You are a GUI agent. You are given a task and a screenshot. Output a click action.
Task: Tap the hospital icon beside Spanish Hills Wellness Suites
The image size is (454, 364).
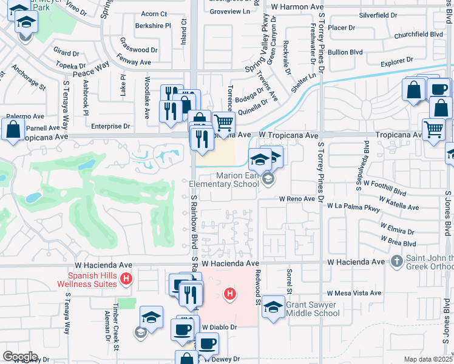[x=126, y=279]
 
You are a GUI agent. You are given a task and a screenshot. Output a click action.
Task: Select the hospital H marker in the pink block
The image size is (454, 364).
[x=229, y=295]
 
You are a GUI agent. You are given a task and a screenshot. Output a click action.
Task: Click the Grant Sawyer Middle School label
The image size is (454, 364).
[x=313, y=309]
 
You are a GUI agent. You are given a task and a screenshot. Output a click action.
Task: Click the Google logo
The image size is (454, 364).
[x=20, y=357]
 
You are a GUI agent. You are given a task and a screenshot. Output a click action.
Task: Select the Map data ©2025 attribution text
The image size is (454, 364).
[x=428, y=359]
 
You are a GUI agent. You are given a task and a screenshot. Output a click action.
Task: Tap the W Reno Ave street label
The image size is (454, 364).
[x=297, y=199]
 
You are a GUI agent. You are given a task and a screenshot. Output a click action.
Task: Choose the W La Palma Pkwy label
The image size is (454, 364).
[x=353, y=206]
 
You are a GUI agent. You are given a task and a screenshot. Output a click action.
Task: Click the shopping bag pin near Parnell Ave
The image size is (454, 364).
[x=13, y=128]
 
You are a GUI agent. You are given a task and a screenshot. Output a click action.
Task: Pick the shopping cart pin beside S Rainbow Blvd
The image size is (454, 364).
[x=224, y=123]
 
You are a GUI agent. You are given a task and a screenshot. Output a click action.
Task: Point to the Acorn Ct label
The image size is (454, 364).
[x=154, y=14]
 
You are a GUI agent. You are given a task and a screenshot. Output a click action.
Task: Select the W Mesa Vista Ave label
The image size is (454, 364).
[x=354, y=293]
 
